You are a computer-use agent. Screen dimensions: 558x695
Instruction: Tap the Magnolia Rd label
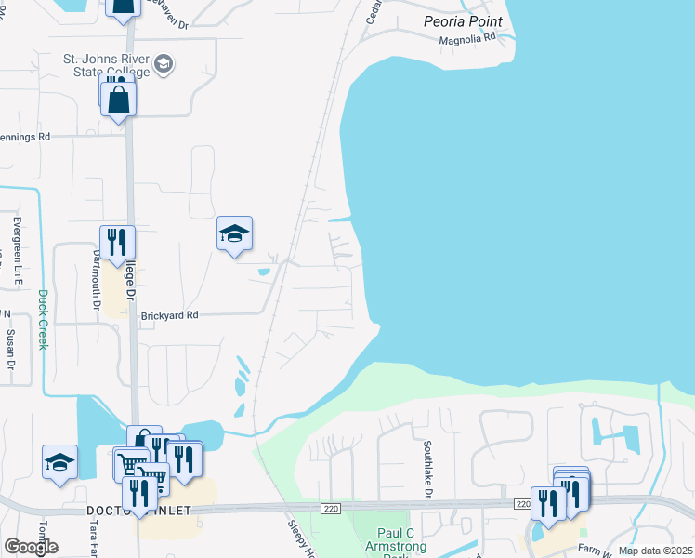467,40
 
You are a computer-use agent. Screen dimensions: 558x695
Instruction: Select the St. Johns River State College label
106,67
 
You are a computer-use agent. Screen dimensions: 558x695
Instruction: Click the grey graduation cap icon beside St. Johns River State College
164,63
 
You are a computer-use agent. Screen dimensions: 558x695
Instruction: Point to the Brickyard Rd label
170,315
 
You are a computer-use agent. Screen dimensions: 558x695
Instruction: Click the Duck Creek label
42,319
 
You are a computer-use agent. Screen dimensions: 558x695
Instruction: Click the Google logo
31,546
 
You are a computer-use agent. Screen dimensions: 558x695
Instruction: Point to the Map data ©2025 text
654,551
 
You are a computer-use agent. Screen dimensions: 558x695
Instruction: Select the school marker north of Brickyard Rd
234,234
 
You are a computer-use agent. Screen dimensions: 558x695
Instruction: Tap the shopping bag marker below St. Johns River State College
119,98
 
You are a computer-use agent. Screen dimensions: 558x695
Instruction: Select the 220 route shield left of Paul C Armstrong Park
331,508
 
